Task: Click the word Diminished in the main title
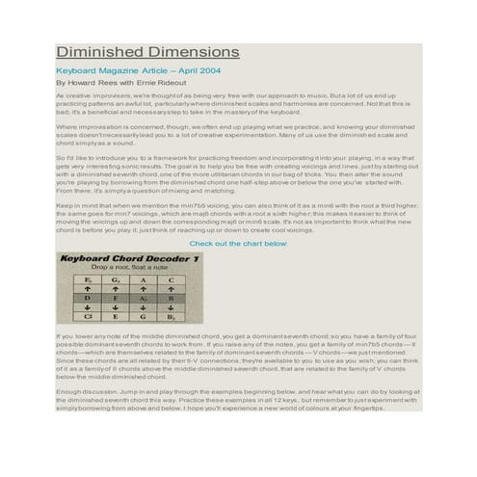pyautogui.click(x=95, y=52)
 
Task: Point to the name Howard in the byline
pyautogui.click(x=85, y=84)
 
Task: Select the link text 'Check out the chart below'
pyautogui.click(x=238, y=244)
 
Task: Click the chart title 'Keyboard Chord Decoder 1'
pyautogui.click(x=130, y=259)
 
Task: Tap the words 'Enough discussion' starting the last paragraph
pyautogui.click(x=79, y=392)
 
